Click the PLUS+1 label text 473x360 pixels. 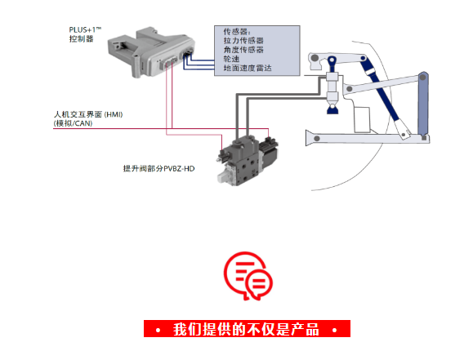tap(85, 30)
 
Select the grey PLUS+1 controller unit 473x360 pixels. tap(151, 52)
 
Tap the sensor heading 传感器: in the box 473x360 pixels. tap(237, 32)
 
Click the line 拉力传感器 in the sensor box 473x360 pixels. tap(243, 41)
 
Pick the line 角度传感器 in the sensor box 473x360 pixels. tap(243, 50)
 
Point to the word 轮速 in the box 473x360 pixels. tap(231, 59)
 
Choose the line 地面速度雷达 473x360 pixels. tap(248, 68)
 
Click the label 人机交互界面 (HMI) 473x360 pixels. tap(88, 114)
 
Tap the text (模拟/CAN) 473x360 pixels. tap(73, 123)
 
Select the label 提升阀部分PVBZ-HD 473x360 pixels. tap(158, 168)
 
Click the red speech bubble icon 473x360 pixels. tap(248, 276)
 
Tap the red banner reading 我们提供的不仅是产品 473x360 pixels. tap(247, 329)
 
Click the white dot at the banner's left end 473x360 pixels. tap(158, 331)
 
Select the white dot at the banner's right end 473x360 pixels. tap(335, 330)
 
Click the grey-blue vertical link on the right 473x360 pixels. tap(423, 104)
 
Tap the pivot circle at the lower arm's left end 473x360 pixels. tap(317, 139)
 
